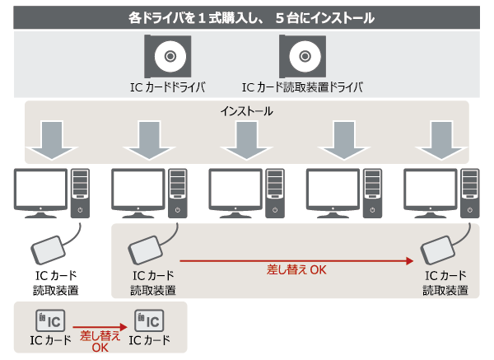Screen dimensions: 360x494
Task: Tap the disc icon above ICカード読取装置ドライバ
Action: (302, 57)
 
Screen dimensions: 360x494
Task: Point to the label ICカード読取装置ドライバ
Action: (302, 86)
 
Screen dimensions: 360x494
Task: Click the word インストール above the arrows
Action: (247, 110)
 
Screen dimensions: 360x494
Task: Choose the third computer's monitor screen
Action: (235, 189)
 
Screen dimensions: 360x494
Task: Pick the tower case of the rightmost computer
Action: (468, 191)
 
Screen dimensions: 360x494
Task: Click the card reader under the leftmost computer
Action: (52, 246)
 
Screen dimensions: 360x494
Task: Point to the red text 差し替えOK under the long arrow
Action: (296, 270)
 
